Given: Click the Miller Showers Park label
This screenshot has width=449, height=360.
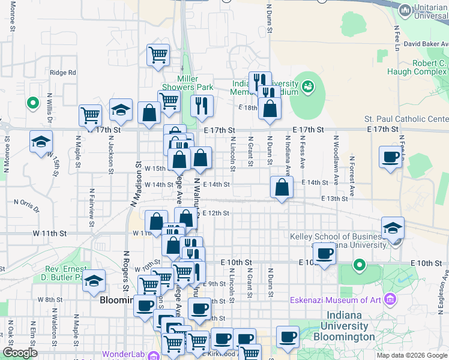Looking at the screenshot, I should (196, 83).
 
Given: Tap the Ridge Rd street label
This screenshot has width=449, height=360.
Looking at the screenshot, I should (63, 73).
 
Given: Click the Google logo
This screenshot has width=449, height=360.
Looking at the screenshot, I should (20, 353).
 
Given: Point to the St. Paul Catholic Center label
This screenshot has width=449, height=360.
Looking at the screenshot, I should (406, 119).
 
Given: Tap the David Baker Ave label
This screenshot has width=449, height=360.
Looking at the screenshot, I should (426, 44).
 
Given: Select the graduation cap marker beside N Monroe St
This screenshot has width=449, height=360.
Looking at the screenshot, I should (41, 142).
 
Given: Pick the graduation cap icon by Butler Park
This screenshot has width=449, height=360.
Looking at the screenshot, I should (94, 280).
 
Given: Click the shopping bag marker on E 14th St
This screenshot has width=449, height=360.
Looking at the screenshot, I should (282, 187).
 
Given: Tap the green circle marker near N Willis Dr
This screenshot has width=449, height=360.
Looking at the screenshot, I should (32, 103).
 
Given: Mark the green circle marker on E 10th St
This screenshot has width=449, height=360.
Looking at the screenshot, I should (359, 264).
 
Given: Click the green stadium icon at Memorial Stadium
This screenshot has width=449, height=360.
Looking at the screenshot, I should (309, 87).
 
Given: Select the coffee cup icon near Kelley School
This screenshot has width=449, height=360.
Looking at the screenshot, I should (325, 253).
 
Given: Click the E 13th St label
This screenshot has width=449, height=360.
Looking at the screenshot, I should (335, 199).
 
